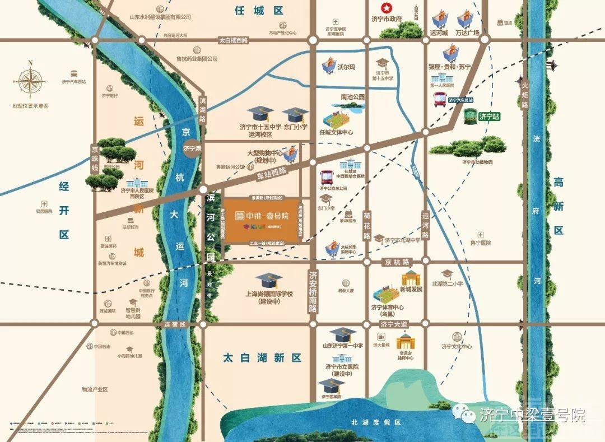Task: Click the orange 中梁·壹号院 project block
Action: tap(262, 220)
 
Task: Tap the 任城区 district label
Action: tap(259, 10)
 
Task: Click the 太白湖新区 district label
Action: tap(262, 357)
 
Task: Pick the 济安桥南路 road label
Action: tap(313, 292)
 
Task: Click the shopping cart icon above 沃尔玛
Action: tap(330, 67)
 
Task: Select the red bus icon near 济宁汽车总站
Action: tap(440, 100)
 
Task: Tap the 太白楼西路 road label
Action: tap(233, 40)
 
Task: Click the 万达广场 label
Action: tap(467, 32)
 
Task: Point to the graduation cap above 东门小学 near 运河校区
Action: tap(295, 115)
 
